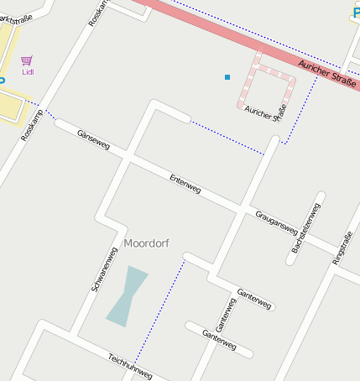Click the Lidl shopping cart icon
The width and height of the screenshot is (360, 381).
tap(27, 60)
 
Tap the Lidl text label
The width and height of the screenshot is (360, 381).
tap(28, 72)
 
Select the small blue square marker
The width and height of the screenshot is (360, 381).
tap(227, 77)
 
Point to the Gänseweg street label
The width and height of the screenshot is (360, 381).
tap(92, 139)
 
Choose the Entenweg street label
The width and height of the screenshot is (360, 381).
tap(185, 185)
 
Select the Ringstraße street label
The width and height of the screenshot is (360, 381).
tap(343, 248)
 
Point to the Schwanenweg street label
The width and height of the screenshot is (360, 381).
tap(105, 269)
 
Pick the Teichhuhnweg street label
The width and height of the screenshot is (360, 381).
tap(129, 365)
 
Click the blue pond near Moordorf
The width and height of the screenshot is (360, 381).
tap(126, 295)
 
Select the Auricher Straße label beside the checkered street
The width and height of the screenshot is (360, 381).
tap(266, 112)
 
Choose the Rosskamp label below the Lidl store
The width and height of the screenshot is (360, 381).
tap(32, 124)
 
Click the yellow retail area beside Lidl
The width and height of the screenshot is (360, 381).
tap(10, 97)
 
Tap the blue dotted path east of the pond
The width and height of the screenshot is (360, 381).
tap(159, 311)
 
